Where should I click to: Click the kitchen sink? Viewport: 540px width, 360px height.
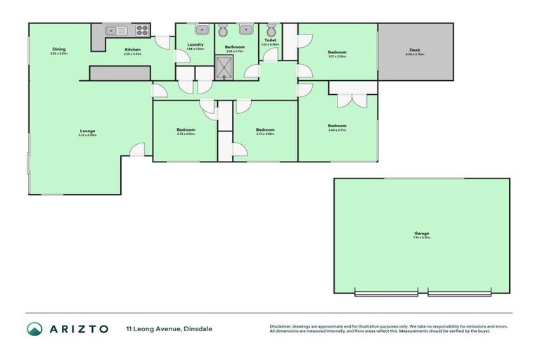(x=116, y=30)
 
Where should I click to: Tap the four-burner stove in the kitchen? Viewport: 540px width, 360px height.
(x=142, y=30)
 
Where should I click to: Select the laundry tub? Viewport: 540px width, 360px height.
(x=200, y=30)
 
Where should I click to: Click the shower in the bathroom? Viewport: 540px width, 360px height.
(x=226, y=67)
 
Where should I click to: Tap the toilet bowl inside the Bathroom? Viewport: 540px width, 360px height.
(x=224, y=30)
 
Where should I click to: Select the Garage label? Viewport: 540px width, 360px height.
(x=421, y=233)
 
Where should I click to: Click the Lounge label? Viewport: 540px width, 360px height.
(x=87, y=131)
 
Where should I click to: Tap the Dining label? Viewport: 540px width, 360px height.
(x=58, y=49)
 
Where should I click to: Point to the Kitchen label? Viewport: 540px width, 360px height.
(x=132, y=49)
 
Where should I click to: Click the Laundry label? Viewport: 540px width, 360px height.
(x=195, y=45)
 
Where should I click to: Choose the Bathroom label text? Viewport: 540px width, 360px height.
(x=235, y=47)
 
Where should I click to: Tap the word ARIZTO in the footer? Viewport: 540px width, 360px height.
(x=78, y=328)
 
